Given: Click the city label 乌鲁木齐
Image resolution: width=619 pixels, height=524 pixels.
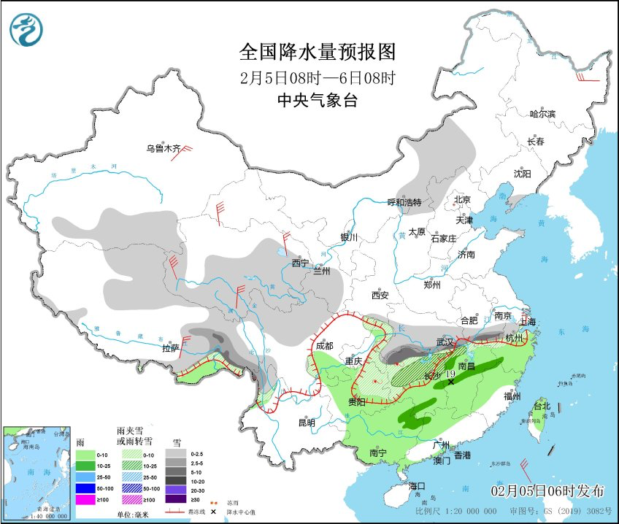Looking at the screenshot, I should [x=162, y=149].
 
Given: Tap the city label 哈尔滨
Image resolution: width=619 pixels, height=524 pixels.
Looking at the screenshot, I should [x=542, y=114].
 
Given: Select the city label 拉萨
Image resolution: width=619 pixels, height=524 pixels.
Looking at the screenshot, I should [x=171, y=349].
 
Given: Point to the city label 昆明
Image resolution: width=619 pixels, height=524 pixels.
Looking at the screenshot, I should [x=307, y=423].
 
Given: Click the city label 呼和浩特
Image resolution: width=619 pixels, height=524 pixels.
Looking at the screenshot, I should [x=404, y=202].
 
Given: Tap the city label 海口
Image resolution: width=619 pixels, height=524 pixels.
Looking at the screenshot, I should [x=417, y=486].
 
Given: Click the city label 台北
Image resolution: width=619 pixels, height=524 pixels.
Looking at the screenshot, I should [x=541, y=405].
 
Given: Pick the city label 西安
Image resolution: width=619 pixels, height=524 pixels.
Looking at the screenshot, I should [x=380, y=296].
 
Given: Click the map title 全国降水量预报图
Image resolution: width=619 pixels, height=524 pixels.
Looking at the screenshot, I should [x=318, y=52].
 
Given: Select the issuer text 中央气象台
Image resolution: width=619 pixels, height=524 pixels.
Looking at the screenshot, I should [x=318, y=101].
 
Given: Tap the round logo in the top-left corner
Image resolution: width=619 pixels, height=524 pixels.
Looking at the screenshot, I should [x=26, y=30].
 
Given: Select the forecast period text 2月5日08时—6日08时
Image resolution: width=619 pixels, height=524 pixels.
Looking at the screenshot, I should [x=318, y=77].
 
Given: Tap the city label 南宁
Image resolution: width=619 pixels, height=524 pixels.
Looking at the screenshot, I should [x=378, y=453].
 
